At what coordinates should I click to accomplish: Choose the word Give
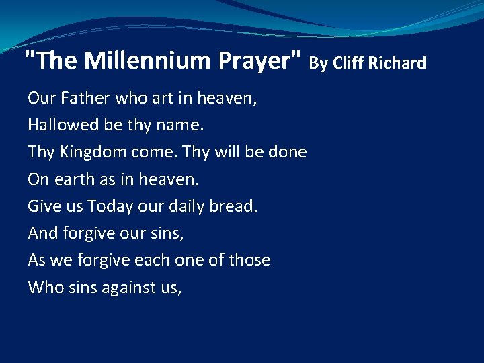pyautogui.click(x=44, y=206)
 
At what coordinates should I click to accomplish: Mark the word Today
pyautogui.click(x=110, y=206)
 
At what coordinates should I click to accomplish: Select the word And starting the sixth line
pyautogui.click(x=42, y=233)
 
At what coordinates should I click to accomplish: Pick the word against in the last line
pyautogui.click(x=131, y=288)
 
